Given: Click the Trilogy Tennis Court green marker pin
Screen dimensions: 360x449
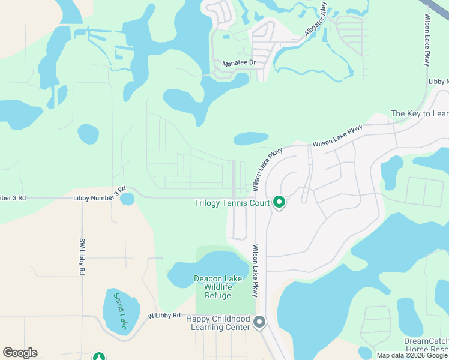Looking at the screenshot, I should click(x=279, y=203).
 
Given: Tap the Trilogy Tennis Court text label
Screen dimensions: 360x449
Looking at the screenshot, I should click(x=232, y=203).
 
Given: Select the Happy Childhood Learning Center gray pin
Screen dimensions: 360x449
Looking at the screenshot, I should click(x=259, y=323).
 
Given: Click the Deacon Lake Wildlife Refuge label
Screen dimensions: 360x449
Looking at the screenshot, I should click(x=212, y=287).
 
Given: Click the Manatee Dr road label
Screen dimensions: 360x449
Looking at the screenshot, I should click(x=240, y=63).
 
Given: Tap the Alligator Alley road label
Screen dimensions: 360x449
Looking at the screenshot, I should click(x=316, y=20).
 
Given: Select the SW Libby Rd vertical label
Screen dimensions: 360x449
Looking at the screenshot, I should click(x=82, y=257).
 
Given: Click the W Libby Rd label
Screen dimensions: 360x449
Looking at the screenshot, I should click(x=164, y=315).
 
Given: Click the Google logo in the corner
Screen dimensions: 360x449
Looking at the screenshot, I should click(x=20, y=353).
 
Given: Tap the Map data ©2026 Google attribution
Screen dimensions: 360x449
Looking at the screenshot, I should click(x=412, y=355).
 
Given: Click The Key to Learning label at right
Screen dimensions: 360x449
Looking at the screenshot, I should click(x=420, y=113).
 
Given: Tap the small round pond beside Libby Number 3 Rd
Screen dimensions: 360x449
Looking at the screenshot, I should click(x=127, y=199).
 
